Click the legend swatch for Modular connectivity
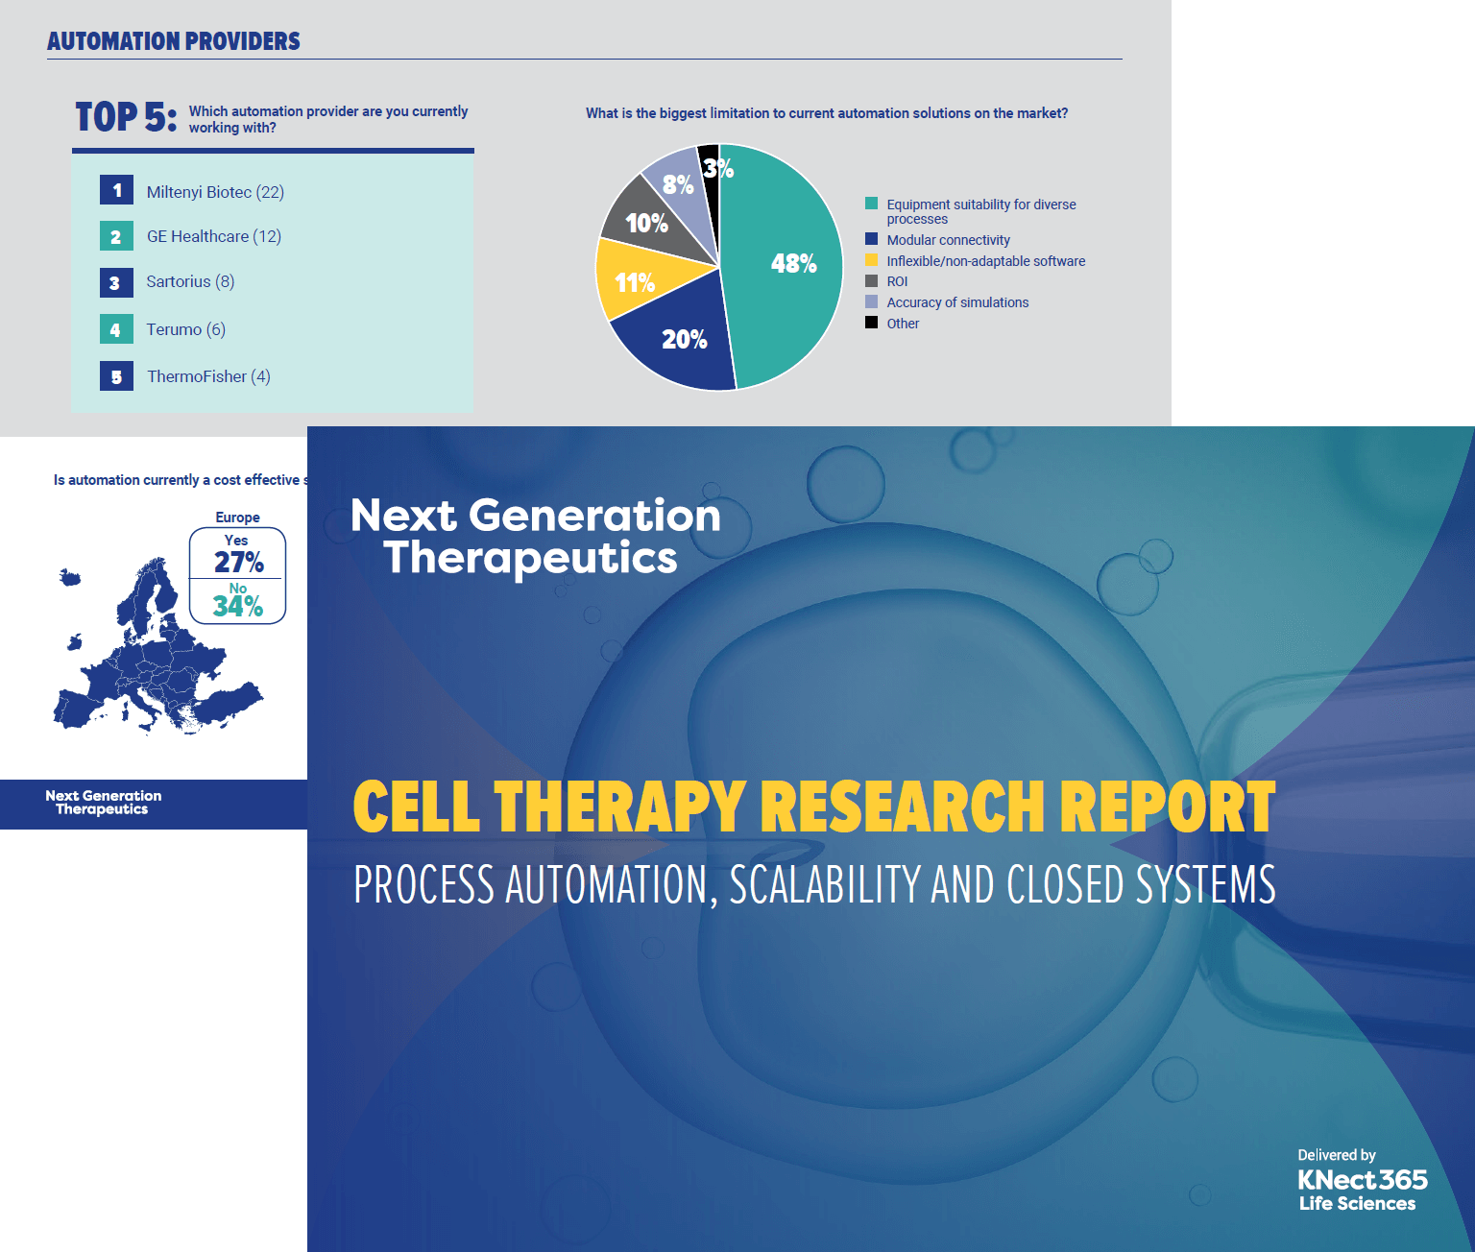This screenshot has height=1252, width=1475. coord(871,240)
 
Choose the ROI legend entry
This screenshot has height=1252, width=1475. coord(886,281)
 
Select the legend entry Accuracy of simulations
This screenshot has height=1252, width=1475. coord(947,302)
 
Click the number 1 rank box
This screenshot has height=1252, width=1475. coord(116,190)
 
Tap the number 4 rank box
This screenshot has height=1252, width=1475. coord(116,329)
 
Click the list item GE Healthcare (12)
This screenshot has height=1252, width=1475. coord(214,236)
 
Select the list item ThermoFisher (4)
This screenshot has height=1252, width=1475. coord(208,376)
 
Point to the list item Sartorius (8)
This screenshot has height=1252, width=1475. coord(190,281)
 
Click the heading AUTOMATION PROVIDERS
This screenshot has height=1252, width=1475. coord(174,41)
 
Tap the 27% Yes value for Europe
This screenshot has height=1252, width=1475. coord(238,562)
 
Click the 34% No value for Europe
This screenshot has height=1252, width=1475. coord(237,607)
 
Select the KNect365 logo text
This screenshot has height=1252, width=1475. coord(1363,1180)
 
